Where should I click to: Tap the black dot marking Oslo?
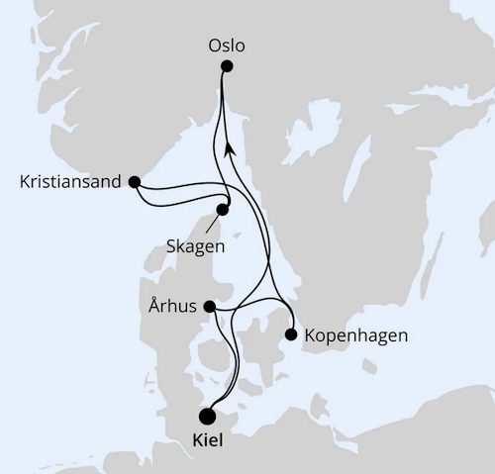pos(227,66)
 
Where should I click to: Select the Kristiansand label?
pos(69,182)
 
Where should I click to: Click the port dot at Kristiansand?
pos(135,182)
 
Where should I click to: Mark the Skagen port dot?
pos(223,210)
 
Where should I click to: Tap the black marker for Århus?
pos(209,308)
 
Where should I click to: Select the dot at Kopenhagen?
pos(291,334)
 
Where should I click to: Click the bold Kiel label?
pos(206,441)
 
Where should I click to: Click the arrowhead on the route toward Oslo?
pos(230,147)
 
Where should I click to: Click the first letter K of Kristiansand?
pos(24,182)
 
